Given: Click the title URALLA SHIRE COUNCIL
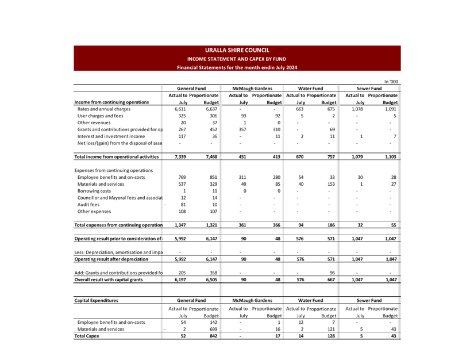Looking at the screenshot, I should pyautogui.click(x=237, y=51).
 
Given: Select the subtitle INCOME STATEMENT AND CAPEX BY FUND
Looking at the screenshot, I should pyautogui.click(x=237, y=59).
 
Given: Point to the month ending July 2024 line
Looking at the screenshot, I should pyautogui.click(x=237, y=67).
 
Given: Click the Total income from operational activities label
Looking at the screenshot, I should pyautogui.click(x=117, y=156).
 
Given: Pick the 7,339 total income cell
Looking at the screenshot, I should pyautogui.click(x=179, y=156).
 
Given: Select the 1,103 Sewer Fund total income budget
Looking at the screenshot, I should pyautogui.click(x=390, y=156).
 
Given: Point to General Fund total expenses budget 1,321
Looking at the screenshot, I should pyautogui.click(x=210, y=224).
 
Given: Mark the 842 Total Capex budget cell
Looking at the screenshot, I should pyautogui.click(x=211, y=336).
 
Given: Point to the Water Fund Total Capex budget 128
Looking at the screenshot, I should pyautogui.click(x=329, y=336).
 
